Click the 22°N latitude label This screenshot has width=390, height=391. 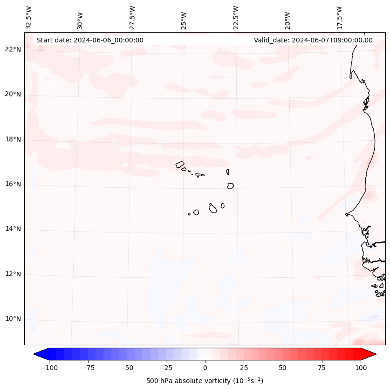click(x=13, y=49)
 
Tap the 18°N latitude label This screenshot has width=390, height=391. click(x=13, y=139)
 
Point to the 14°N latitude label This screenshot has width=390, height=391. click(x=13, y=229)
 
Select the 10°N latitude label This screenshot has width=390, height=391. click(x=13, y=319)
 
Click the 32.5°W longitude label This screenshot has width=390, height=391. click(x=29, y=18)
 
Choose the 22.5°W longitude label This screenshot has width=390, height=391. click(x=236, y=18)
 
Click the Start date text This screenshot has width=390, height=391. click(x=90, y=40)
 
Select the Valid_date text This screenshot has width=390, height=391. click(x=313, y=40)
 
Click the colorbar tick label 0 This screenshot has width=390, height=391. click(x=205, y=368)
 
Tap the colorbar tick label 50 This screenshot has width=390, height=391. click(x=282, y=368)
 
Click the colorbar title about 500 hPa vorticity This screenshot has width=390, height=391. click(x=205, y=381)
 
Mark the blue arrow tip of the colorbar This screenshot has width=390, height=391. click(x=35, y=355)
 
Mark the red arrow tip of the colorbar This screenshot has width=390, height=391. click(x=375, y=355)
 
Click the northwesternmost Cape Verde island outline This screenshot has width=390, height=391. click(x=180, y=164)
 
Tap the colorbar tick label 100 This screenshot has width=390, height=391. click(x=361, y=368)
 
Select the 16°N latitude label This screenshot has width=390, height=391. click(x=13, y=184)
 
